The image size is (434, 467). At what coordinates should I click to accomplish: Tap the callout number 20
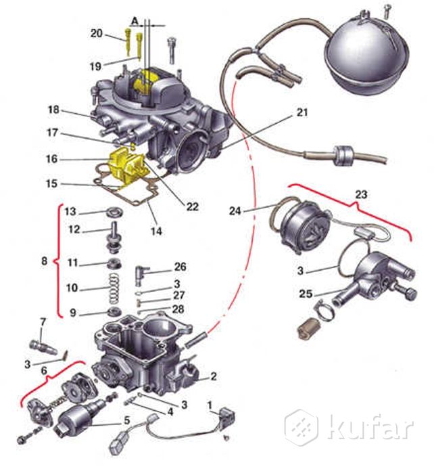[97, 33]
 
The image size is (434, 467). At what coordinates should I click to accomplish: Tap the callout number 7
[43, 321]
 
